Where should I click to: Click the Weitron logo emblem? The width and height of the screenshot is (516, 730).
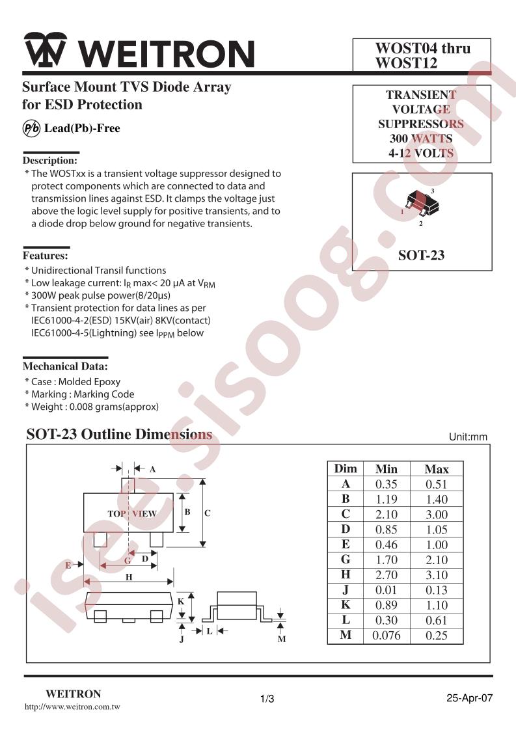[46, 50]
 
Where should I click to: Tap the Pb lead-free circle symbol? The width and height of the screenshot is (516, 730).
[31, 128]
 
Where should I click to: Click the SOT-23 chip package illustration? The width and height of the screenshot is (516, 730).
[421, 203]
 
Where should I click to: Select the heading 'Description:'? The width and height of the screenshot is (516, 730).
[50, 161]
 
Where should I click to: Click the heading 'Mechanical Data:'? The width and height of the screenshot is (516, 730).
[65, 366]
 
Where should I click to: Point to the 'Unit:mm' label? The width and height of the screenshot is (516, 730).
[468, 437]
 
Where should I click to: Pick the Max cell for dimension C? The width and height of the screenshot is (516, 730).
[437, 515]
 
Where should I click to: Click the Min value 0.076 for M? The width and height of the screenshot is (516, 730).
[386, 636]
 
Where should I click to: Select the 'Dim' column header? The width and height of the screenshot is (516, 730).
[346, 469]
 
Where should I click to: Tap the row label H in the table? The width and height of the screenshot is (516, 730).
[346, 575]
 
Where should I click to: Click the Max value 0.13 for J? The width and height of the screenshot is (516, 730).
[437, 590]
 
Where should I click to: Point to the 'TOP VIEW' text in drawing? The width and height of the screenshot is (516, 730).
[132, 513]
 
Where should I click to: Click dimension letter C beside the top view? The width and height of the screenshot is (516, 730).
[207, 513]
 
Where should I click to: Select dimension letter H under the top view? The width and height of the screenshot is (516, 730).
[129, 577]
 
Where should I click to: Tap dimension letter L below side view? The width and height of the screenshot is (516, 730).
[210, 631]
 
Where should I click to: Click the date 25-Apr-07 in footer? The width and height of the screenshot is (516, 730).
[469, 698]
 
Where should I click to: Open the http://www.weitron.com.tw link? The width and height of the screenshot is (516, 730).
[72, 707]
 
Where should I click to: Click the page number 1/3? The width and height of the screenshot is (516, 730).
[267, 699]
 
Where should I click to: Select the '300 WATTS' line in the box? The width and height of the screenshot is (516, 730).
[421, 139]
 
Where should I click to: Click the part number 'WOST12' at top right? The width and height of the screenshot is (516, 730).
[407, 63]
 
